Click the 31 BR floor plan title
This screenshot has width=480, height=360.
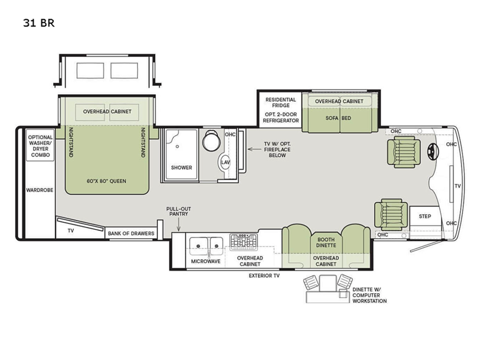click(38, 23)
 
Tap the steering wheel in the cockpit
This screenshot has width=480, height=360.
click(433, 152)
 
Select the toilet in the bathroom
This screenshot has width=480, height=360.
click(211, 140)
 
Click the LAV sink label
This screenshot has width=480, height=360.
click(226, 162)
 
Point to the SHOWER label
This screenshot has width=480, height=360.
click(182, 167)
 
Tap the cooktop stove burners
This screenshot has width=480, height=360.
click(244, 242)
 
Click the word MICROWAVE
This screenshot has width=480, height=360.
click(206, 262)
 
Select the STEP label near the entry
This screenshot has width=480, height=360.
click(425, 216)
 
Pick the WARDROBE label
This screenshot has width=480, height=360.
click(40, 190)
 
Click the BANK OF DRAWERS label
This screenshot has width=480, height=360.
click(131, 233)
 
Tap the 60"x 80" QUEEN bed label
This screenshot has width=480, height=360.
click(106, 181)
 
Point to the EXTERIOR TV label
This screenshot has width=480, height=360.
click(264, 276)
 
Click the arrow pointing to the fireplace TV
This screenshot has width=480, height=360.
click(254, 149)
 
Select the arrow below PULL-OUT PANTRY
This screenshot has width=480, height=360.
click(178, 224)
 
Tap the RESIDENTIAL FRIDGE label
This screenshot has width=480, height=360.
click(281, 103)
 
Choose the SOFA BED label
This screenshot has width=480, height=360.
click(338, 118)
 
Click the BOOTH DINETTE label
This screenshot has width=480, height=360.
click(326, 242)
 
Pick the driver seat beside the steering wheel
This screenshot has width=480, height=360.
click(403, 152)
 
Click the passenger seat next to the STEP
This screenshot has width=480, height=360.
click(391, 215)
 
